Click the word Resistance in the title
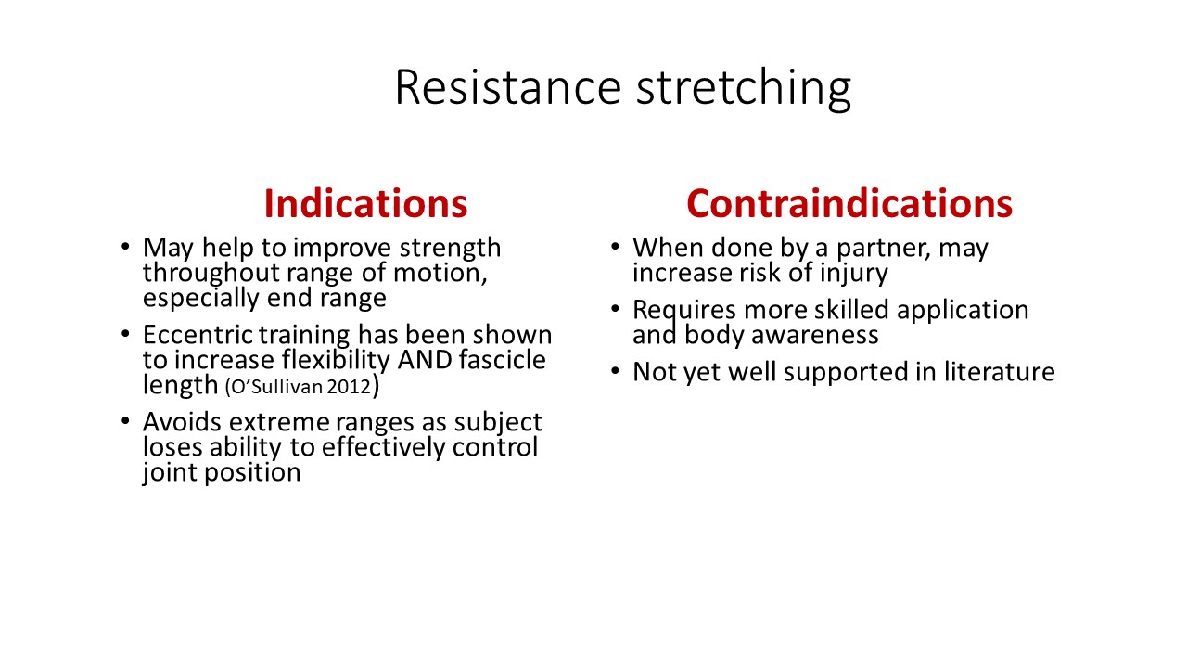tap(508, 87)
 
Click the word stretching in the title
tap(744, 90)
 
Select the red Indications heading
tap(365, 203)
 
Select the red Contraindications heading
tap(849, 203)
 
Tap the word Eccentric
tap(198, 335)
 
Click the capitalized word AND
tap(425, 359)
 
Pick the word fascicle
tap(503, 359)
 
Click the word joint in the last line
tap(170, 472)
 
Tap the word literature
tap(1000, 372)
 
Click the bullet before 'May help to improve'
tap(125, 247)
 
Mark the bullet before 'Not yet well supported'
tap(615, 371)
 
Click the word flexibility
tap(336, 360)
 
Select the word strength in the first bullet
tap(450, 248)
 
